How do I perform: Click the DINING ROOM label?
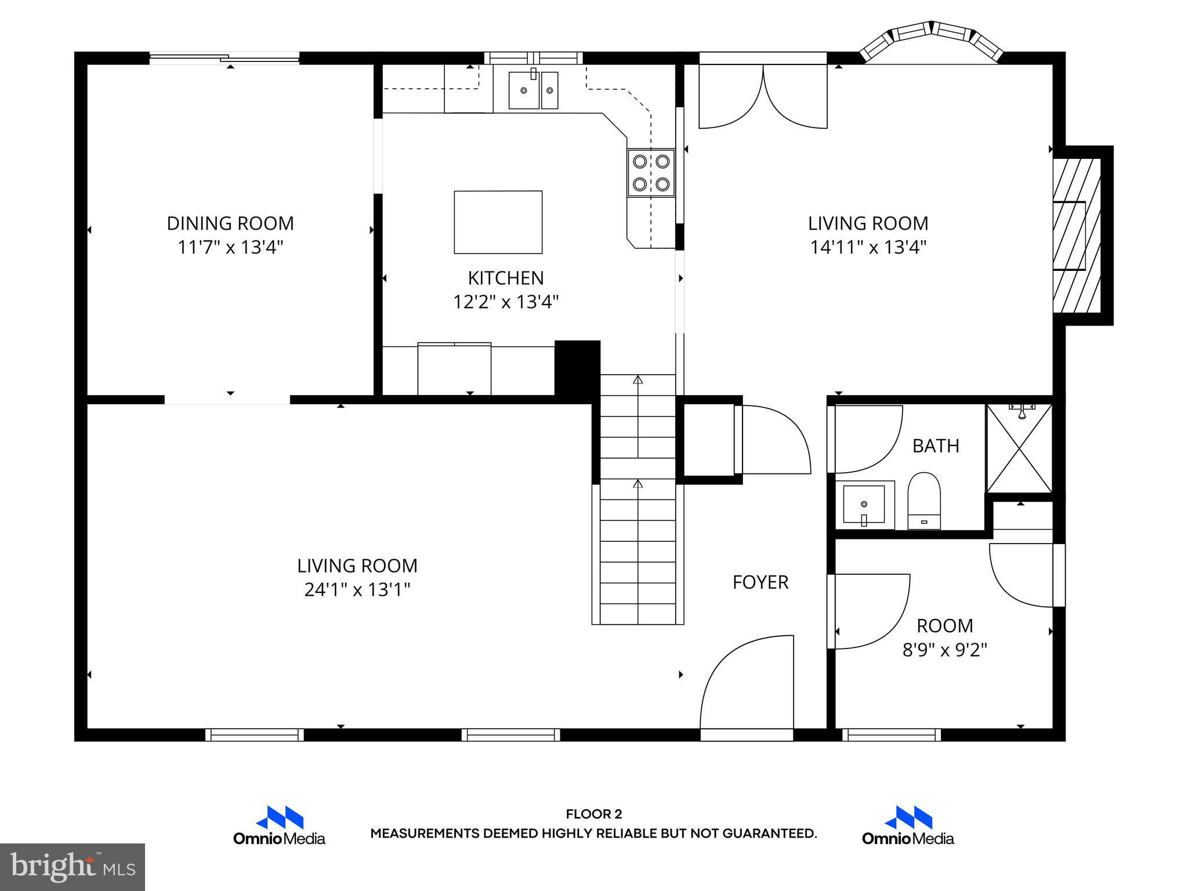pos(230,223)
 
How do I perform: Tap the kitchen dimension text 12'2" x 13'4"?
pos(505,302)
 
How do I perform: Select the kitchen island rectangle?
pos(498,222)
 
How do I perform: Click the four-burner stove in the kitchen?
pos(651,172)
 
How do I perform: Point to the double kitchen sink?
pos(533,90)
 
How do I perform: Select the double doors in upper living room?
pos(762,96)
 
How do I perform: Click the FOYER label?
pos(760,582)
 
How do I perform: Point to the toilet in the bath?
pos(923,501)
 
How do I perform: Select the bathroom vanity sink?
pos(864,505)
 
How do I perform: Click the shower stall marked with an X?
pos(1019,448)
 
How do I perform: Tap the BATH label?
pos(935,445)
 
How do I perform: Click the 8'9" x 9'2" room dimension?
pos(944,650)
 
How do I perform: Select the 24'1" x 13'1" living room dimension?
pos(357,590)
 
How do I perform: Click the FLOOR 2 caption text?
pos(593,814)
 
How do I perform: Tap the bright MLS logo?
pos(73,867)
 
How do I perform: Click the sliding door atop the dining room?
pos(224,57)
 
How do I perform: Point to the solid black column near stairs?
pos(577,368)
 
